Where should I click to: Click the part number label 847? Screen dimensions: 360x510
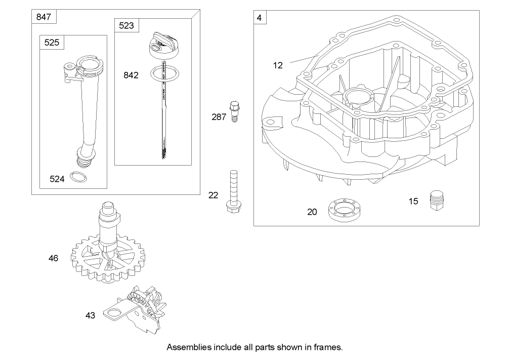coord(44,17)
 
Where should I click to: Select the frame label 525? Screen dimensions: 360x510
coord(52,43)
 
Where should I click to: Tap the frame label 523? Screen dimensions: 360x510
coord(126,25)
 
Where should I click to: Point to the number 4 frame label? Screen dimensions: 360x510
coord(260,18)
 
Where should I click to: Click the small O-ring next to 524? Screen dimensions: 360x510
coord(77,177)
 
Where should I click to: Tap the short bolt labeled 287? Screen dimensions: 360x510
coord(233,111)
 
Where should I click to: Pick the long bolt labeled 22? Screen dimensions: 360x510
coord(233,193)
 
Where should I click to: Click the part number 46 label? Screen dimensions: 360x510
coord(53,258)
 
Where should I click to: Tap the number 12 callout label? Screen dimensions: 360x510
coord(278,65)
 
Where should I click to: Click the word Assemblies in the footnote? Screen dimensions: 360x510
coord(188,348)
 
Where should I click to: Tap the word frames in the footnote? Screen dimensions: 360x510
coord(329,348)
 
